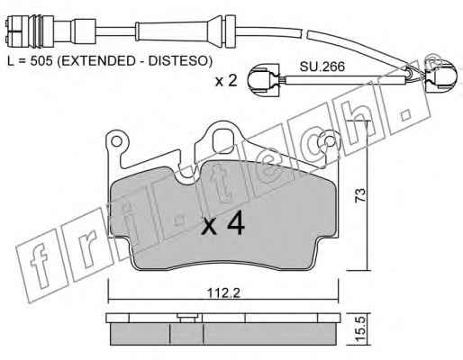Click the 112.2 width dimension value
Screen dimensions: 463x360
[x=224, y=292]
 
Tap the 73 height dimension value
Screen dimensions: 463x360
[x=360, y=195]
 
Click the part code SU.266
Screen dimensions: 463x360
[x=322, y=67]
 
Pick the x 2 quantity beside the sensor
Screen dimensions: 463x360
[x=226, y=81]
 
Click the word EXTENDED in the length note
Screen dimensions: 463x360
[x=100, y=61]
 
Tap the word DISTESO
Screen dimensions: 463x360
[x=177, y=61]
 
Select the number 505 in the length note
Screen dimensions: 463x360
[x=41, y=61]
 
